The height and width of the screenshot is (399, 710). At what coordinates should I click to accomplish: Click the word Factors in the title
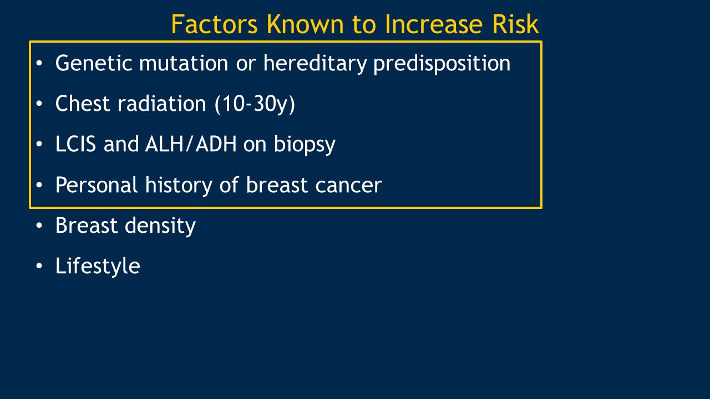coord(214,24)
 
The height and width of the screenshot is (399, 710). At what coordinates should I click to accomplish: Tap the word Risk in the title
coord(515,24)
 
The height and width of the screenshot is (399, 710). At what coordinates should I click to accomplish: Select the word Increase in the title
coord(434,24)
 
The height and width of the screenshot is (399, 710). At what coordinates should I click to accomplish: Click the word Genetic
coord(94,63)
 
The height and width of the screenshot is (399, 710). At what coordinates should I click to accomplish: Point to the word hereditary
coord(315,63)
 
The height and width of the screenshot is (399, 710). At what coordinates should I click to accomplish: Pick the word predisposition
coord(442,64)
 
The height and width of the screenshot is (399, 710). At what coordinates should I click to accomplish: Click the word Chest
coord(83,103)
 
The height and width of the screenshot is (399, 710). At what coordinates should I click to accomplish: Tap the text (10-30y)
coord(255,104)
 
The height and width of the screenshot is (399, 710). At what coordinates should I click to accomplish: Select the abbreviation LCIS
coord(76,144)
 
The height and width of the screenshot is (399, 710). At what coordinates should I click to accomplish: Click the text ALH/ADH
coord(191,144)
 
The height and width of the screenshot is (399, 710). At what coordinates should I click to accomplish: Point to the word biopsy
coord(305,145)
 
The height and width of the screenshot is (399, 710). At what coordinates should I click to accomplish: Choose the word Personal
coord(97,185)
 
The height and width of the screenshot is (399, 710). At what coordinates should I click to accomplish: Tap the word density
coord(160,226)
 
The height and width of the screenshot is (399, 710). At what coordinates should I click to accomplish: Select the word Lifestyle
coord(98,266)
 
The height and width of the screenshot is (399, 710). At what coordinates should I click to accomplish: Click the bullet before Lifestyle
coord(39,266)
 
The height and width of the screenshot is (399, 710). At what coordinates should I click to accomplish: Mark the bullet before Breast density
coord(39,226)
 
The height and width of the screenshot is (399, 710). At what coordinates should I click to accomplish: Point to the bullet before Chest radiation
coord(39,104)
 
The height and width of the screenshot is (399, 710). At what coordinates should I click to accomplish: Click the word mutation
coord(184,63)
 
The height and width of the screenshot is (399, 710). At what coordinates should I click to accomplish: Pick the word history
coord(179,185)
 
